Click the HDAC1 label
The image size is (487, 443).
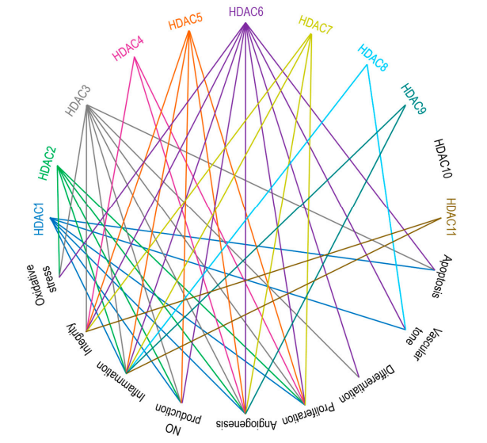click(x=39, y=219)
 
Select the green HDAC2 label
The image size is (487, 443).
click(x=47, y=163)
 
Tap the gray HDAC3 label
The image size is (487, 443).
click(x=78, y=101)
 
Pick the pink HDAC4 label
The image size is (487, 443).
click(x=128, y=49)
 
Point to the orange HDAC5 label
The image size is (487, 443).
click(x=185, y=21)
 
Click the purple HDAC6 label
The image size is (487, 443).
click(x=246, y=12)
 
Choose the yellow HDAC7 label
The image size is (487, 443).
click(x=315, y=25)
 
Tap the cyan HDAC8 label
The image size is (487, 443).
click(x=373, y=58)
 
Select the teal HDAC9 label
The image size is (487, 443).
click(x=413, y=99)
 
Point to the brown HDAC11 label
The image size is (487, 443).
click(x=451, y=216)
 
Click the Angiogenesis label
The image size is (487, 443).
click(x=246, y=424)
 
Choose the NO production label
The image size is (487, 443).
click(x=179, y=418)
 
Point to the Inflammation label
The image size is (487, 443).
click(x=121, y=381)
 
